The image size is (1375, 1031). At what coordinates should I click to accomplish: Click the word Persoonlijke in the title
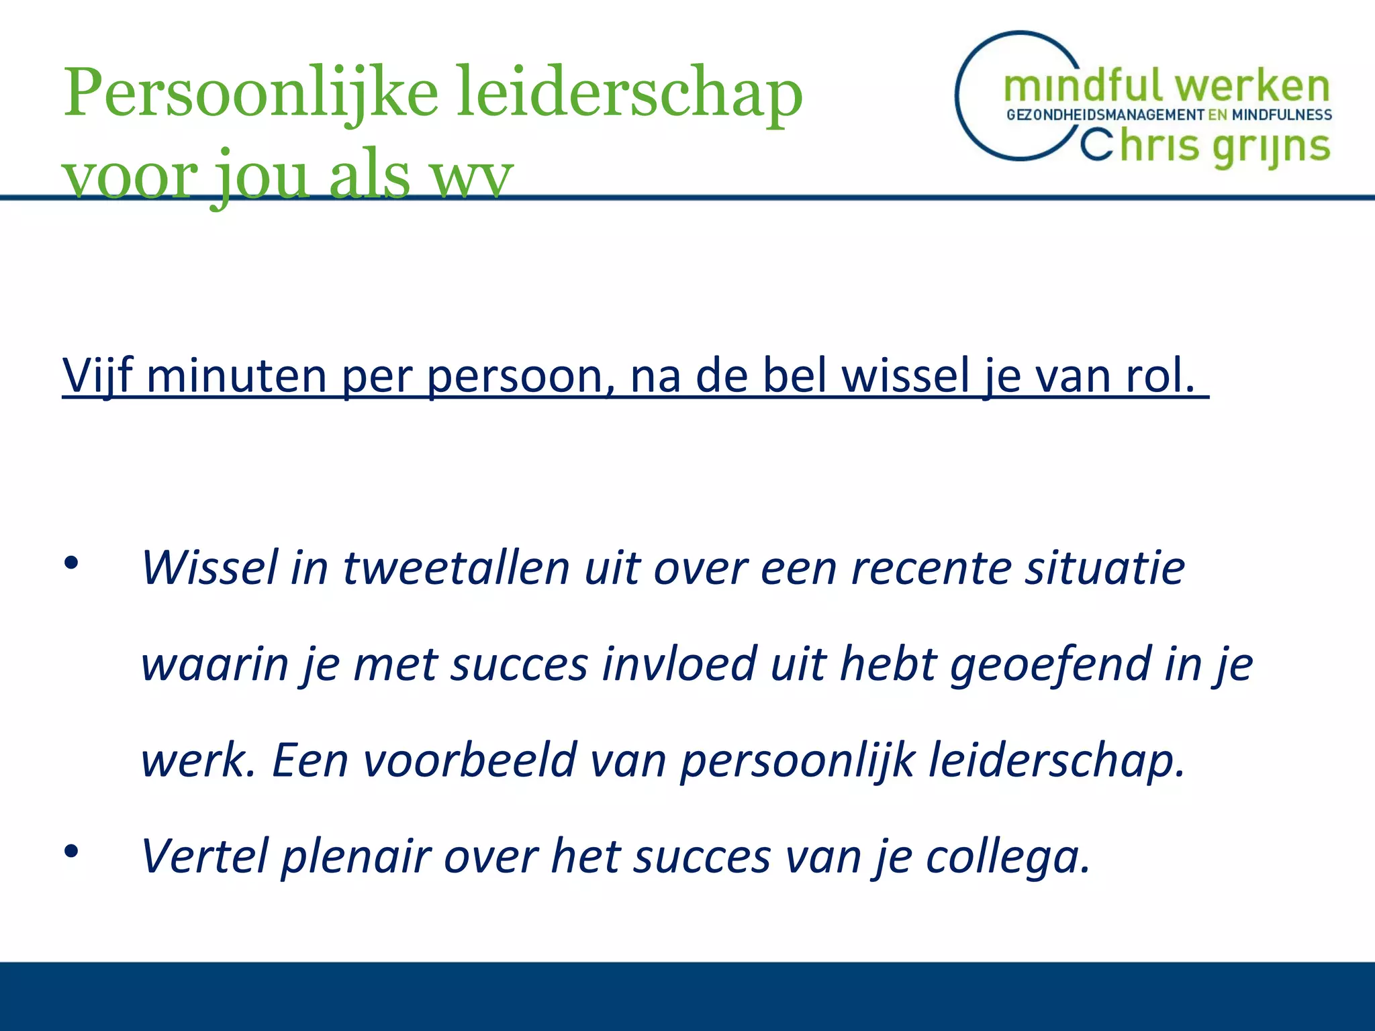pos(250,94)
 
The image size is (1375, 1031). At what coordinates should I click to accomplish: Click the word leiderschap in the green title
pos(629,94)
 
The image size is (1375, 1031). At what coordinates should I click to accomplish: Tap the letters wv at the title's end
pos(471,176)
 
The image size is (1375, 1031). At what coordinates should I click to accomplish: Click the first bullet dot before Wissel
pos(71,563)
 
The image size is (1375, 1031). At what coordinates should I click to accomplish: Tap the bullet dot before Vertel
pos(71,852)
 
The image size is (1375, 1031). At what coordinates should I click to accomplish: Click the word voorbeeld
pos(469,760)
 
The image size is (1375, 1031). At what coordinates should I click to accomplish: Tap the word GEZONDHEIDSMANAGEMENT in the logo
pos(1105,115)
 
